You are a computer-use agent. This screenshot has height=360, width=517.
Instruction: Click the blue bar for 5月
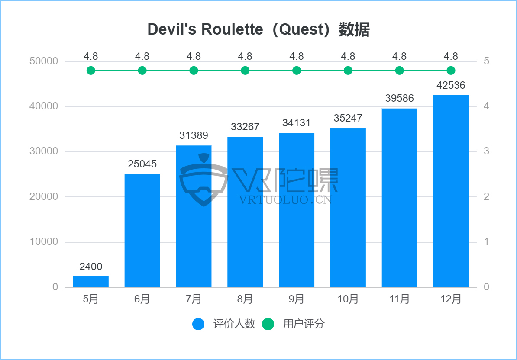click(x=90, y=282)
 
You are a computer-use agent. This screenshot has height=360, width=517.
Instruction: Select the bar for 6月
click(x=142, y=231)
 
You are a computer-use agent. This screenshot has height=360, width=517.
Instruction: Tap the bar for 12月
click(x=451, y=191)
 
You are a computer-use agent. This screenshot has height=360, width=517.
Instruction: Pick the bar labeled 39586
click(x=399, y=198)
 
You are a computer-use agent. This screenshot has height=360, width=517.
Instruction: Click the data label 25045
click(x=142, y=164)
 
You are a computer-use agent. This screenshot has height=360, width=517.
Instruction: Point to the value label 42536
click(x=451, y=85)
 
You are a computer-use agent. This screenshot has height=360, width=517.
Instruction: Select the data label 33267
click(x=245, y=127)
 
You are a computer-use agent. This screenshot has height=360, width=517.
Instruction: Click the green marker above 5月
click(x=90, y=71)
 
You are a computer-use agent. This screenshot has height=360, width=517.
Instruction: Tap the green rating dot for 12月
click(x=451, y=71)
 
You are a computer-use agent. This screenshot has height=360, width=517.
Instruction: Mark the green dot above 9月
click(x=297, y=71)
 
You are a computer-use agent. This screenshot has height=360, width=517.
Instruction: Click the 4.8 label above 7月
click(x=194, y=56)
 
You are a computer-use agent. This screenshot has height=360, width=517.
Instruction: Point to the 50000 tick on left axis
click(x=43, y=61)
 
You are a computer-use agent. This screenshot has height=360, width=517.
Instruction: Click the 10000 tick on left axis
click(x=43, y=242)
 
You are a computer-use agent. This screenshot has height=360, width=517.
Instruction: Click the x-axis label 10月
click(x=348, y=299)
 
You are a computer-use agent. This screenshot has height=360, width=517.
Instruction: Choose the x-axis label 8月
click(x=245, y=299)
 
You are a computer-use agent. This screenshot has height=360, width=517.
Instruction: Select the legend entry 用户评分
click(x=304, y=324)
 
